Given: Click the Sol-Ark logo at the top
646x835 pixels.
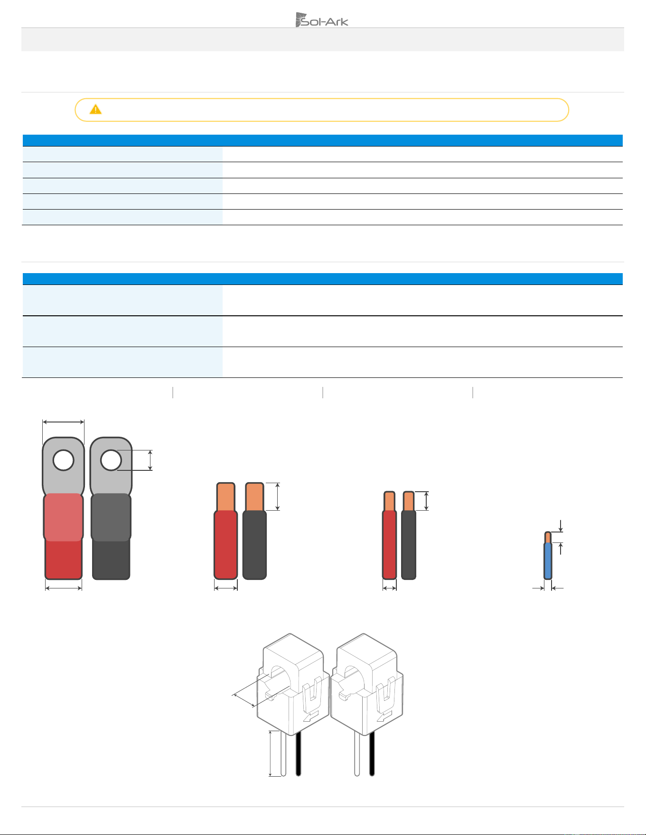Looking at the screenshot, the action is [x=322, y=19].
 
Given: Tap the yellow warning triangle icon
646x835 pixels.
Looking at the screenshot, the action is [x=95, y=110].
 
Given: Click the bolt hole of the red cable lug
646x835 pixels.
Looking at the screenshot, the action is [x=63, y=460].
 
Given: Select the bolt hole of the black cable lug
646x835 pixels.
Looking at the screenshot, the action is [x=111, y=460].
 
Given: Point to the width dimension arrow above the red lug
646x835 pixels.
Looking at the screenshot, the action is [x=63, y=422].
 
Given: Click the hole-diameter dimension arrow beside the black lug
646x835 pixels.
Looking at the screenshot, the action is [x=150, y=460].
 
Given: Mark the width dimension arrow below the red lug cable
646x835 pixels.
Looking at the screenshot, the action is [x=64, y=588].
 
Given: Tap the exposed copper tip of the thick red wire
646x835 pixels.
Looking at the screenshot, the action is [x=226, y=496].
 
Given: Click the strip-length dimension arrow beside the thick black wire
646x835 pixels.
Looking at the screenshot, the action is [x=278, y=496].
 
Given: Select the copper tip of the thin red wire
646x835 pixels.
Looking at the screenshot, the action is [x=389, y=501].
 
